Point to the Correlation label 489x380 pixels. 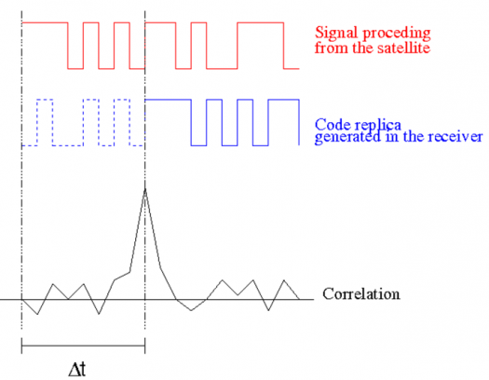click(x=361, y=294)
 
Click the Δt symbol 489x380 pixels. click(x=77, y=370)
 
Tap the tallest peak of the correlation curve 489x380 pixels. click(x=145, y=188)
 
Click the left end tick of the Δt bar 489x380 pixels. click(x=21, y=346)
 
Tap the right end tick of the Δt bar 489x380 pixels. click(x=144, y=346)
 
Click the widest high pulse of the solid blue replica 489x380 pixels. click(x=168, y=100)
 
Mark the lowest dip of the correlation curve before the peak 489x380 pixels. click(x=37, y=314)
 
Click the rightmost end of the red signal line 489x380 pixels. click(x=299, y=69)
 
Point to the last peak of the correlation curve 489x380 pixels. click(x=284, y=280)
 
